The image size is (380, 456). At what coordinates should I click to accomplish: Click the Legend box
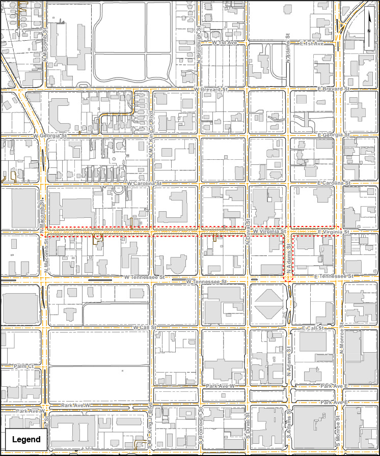click(26, 439)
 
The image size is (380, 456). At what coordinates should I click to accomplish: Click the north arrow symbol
click(369, 30)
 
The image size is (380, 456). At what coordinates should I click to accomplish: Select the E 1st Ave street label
click(312, 44)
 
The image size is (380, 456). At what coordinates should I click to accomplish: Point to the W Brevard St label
click(211, 90)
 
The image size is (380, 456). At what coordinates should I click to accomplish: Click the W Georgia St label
click(50, 136)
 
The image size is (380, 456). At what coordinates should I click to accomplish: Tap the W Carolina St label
click(144, 183)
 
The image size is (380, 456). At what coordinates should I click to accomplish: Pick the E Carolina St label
click(334, 182)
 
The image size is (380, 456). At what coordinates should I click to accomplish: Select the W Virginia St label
click(269, 231)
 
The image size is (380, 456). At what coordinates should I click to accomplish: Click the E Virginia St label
click(333, 232)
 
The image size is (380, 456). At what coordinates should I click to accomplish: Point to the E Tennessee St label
click(334, 276)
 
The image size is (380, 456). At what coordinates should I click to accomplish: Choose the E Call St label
click(313, 328)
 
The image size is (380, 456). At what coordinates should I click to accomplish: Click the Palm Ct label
click(23, 366)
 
